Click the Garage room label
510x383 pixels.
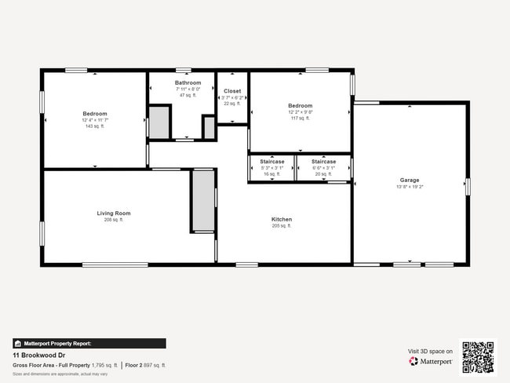coord(410,180)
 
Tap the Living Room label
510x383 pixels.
coord(114,213)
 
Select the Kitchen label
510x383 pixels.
coord(282,219)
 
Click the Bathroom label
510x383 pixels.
coord(188,82)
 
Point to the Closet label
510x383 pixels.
coord(233,91)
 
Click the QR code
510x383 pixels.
coord(478,356)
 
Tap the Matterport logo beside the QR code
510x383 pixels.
coord(431,362)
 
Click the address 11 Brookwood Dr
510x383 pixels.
coord(39,356)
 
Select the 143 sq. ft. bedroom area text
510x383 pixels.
coord(95,126)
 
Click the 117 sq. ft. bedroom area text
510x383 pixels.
coord(300,119)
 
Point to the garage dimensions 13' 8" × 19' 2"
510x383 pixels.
coord(410,187)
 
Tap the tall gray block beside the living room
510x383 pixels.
coord(203,200)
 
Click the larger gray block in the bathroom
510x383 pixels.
coord(159,122)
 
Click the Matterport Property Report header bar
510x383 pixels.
coord(89,343)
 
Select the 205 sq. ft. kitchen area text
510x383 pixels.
coord(282,226)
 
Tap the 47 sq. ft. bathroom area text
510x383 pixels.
coord(188,95)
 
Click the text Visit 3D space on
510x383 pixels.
coord(430,351)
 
